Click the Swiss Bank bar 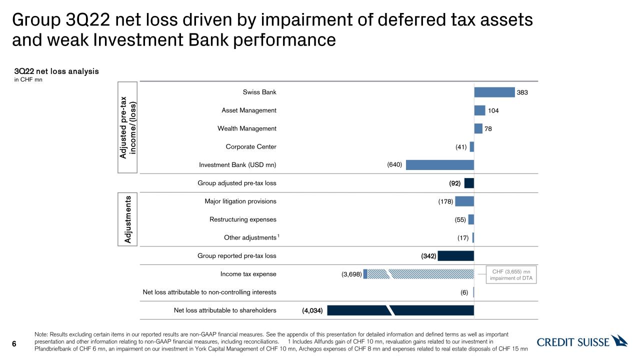[x=494, y=92]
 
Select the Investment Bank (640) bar [x=440, y=165]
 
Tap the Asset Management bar [x=479, y=110]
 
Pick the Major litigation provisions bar [x=464, y=201]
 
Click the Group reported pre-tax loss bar [x=456, y=256]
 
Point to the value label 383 [x=522, y=92]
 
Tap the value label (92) [x=455, y=183]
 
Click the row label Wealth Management [x=247, y=128]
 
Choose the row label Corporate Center [x=251, y=147]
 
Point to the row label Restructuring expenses [x=242, y=219]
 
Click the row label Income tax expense [x=248, y=274]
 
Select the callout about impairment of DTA [x=512, y=274]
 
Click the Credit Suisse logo [x=582, y=342]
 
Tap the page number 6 [x=14, y=343]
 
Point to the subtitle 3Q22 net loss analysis [x=56, y=71]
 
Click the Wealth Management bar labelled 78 [x=478, y=129]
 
